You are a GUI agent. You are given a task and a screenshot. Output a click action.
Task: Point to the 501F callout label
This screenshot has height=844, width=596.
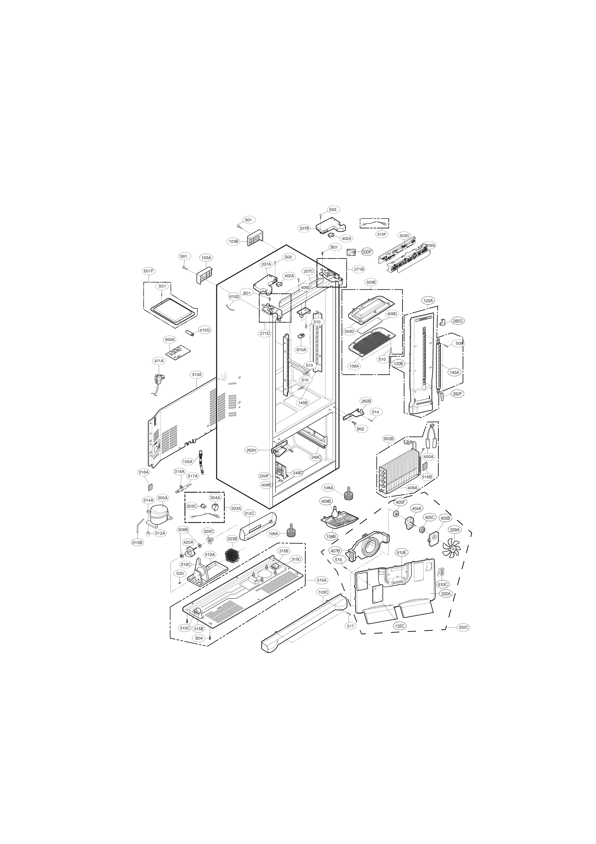click(149, 271)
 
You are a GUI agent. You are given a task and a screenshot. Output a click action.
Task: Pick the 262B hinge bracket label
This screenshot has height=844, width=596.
click(366, 401)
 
